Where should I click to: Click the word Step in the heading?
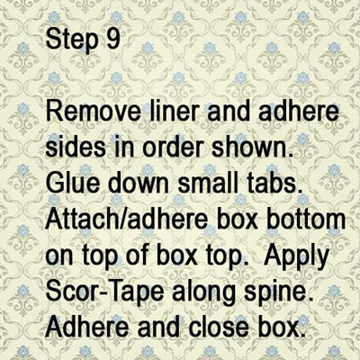click(x=72, y=40)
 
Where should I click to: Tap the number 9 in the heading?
click(x=113, y=39)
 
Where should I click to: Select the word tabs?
click(x=271, y=183)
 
